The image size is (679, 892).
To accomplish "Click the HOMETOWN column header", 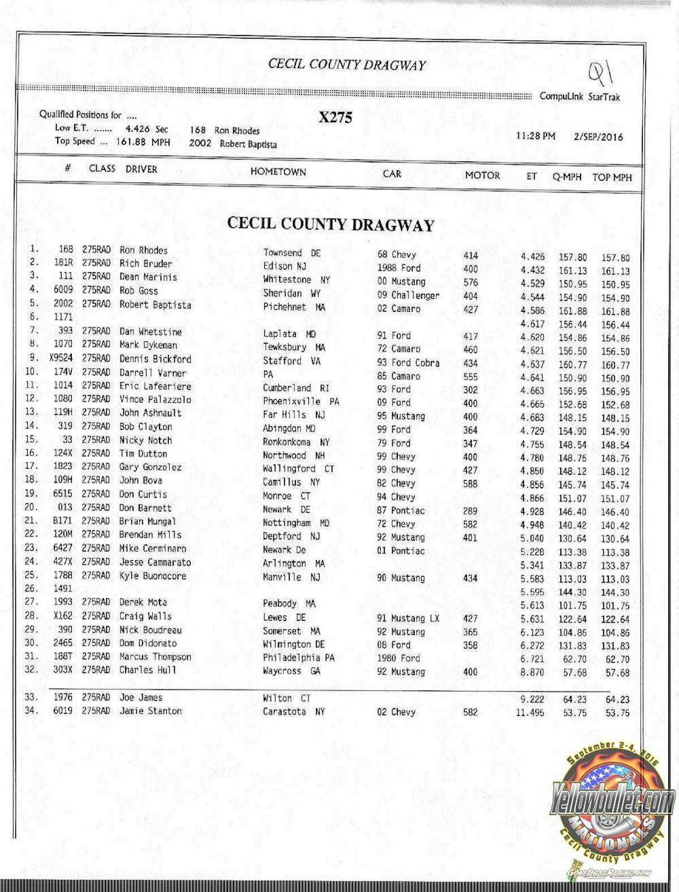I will tap(278, 171).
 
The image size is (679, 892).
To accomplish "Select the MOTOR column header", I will tap(482, 175).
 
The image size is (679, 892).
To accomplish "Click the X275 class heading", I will tap(335, 117).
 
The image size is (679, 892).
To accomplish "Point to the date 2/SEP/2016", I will tap(598, 137).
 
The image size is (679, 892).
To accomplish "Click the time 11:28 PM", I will tap(535, 136).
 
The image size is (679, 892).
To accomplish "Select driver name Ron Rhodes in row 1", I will tap(143, 250).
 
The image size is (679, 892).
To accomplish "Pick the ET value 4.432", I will tap(532, 271).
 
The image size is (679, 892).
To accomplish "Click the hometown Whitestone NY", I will tap(296, 280).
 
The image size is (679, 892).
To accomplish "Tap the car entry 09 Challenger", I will tap(408, 295).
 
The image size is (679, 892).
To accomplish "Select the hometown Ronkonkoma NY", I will tap(296, 442).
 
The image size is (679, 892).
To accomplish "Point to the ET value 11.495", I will tap(530, 713).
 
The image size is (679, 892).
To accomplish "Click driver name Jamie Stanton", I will tap(151, 711).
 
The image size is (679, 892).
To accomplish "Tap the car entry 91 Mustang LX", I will tap(408, 618).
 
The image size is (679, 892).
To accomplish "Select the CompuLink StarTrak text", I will tap(579, 97).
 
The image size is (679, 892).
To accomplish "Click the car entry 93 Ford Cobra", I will tap(408, 362).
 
